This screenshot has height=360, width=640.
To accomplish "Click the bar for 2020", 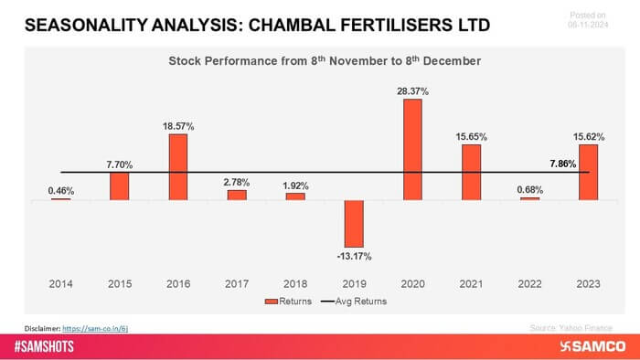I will (x=412, y=149).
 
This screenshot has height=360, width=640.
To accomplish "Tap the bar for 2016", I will (x=178, y=167).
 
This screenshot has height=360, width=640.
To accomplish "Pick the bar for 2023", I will (x=589, y=172).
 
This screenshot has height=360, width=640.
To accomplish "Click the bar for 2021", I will (x=471, y=172).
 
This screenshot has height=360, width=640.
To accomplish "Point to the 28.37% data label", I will (x=412, y=90).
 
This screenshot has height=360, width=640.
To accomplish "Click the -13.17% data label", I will (x=354, y=255).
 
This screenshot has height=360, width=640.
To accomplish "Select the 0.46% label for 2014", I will (x=60, y=190).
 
